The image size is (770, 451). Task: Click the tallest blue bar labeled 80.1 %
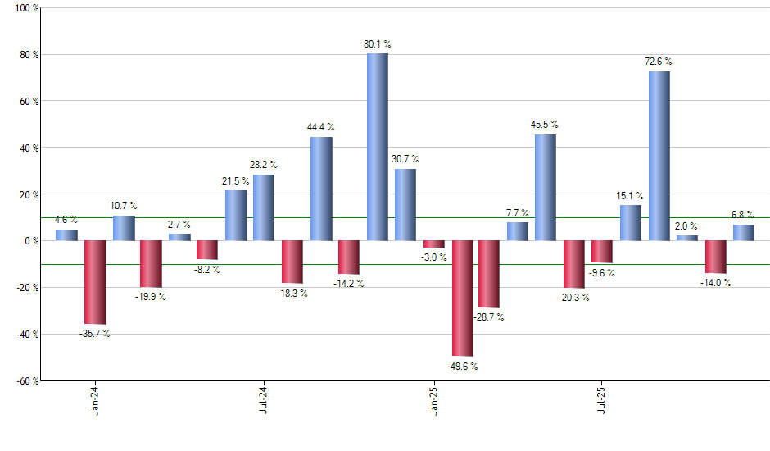377,148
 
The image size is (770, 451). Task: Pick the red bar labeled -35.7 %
95,282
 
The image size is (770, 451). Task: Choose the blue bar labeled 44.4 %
321,189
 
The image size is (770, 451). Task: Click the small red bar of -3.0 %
434,244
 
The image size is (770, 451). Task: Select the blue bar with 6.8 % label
744,233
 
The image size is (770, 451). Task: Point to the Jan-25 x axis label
433,399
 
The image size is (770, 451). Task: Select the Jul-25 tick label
602,399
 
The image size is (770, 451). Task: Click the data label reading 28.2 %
263,165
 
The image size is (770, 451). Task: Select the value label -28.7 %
489,317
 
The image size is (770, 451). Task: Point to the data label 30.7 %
405,159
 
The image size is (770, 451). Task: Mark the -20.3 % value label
573,298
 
